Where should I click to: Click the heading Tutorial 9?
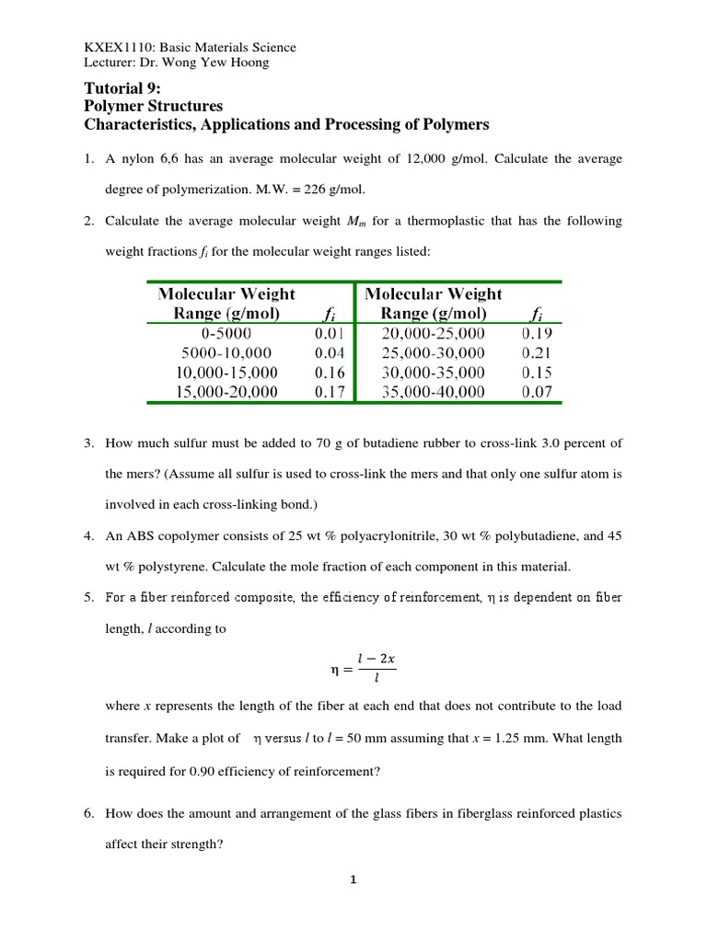pos(122,89)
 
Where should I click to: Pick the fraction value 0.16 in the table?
pos(329,373)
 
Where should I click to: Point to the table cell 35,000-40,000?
pos(433,392)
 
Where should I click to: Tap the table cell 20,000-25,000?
pos(433,333)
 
